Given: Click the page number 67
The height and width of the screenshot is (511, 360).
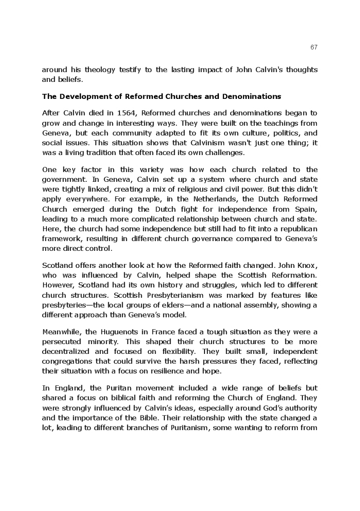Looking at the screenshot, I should coord(314,47).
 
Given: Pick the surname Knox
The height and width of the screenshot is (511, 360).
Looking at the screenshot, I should coord(304,266).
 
